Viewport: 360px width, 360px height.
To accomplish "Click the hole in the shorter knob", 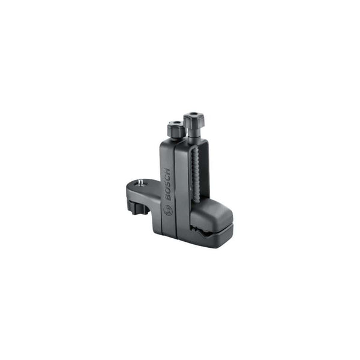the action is click(x=176, y=123).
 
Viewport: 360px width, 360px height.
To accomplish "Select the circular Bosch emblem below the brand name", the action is click(x=168, y=210).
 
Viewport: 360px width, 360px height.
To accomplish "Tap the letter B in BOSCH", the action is click(x=168, y=197).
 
